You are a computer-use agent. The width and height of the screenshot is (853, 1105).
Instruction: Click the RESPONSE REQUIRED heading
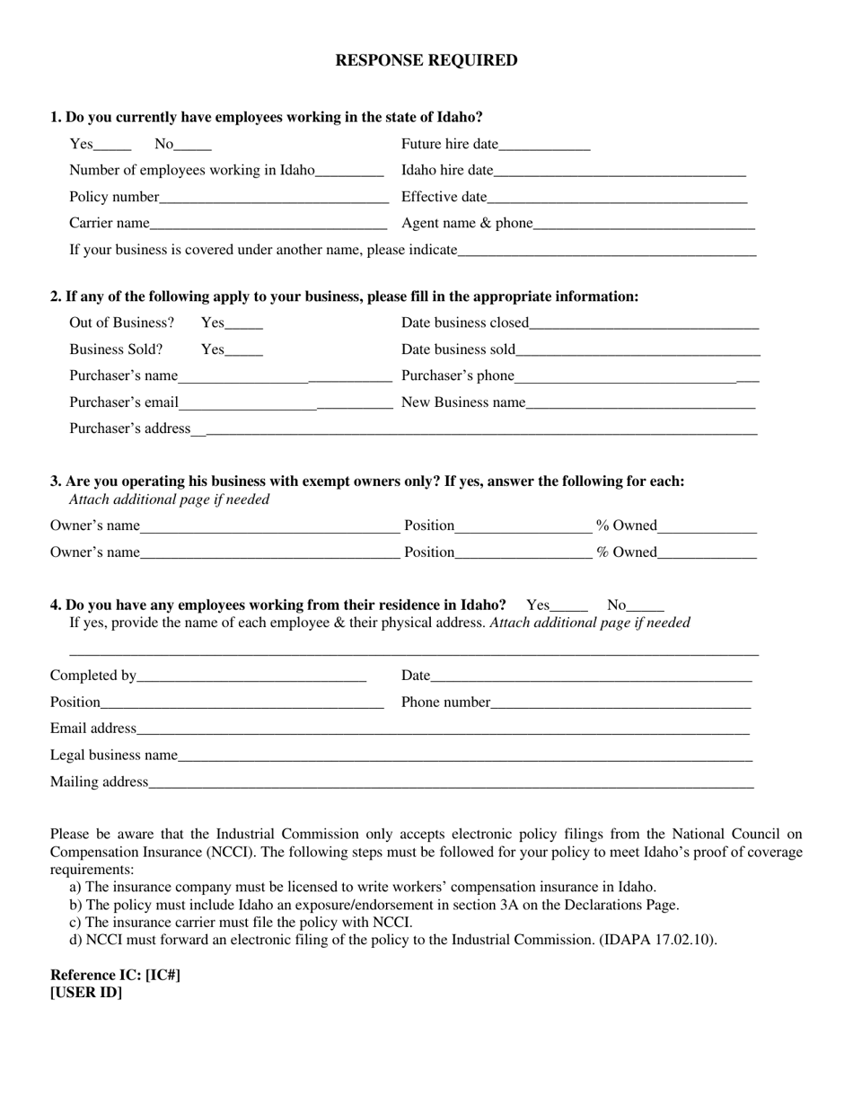tap(426, 60)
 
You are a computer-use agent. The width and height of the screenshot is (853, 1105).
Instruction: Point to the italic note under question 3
tap(169, 499)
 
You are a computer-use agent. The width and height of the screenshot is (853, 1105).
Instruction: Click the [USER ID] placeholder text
tap(86, 993)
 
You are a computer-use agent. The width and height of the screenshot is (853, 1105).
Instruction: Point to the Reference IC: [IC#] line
tap(115, 975)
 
